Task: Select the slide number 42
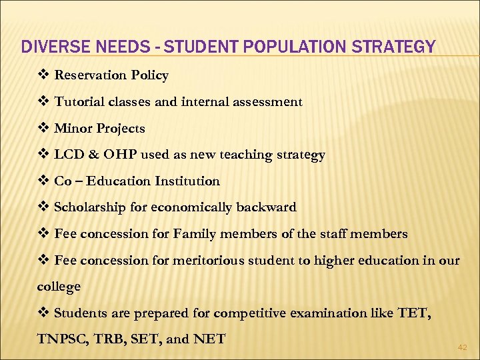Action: coord(462,347)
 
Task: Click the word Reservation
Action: coord(91,75)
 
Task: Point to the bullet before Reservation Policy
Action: coord(43,75)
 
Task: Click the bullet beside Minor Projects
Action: coord(43,128)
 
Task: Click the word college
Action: coord(59,287)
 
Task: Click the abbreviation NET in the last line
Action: coord(209,339)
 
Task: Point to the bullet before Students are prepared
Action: coord(43,313)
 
